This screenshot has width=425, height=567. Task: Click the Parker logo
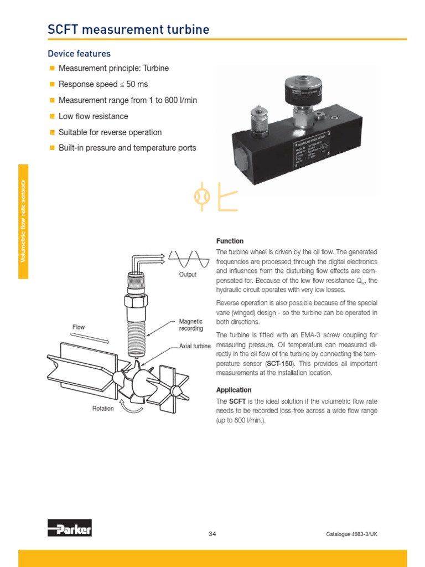point(69,528)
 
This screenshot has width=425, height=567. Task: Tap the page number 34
point(212,534)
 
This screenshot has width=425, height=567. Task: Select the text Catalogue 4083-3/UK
point(351,534)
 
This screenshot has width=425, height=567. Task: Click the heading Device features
point(79,54)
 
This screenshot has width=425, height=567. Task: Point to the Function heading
point(230,241)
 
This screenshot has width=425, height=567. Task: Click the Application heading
point(234,390)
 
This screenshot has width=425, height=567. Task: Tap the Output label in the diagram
point(188,275)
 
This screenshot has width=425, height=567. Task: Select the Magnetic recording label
point(191,325)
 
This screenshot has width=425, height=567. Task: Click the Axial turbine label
point(195,346)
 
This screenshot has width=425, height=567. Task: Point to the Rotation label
point(103,409)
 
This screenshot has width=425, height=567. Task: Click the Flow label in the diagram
point(79,327)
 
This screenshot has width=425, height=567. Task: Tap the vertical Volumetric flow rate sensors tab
point(23,221)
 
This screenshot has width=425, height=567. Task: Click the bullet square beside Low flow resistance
point(53,117)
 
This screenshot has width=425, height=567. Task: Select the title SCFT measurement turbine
point(128,29)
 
